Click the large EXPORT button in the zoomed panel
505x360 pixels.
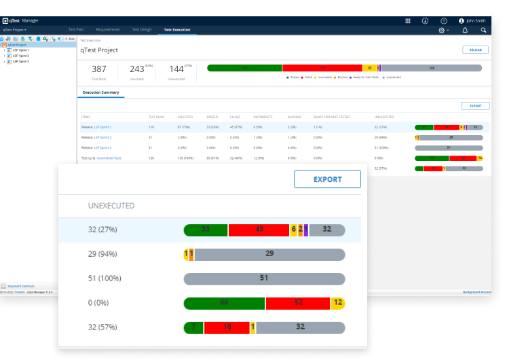[x=327, y=179]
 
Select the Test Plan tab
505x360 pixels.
[x=76, y=30]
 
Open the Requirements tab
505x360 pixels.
[x=108, y=30]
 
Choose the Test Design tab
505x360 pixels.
[x=142, y=30]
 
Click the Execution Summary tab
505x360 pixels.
[x=100, y=92]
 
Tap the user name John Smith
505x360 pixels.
[x=474, y=21]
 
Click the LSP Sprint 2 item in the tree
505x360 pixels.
[x=20, y=56]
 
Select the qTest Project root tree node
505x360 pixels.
[x=17, y=45]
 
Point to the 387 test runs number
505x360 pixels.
[x=99, y=69]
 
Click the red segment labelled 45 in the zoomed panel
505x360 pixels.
[x=259, y=230]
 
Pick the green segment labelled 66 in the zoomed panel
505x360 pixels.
[x=224, y=302]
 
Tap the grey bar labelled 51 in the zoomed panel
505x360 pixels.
[x=264, y=278]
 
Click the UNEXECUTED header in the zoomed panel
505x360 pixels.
[x=111, y=205]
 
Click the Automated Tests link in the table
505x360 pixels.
[x=109, y=158]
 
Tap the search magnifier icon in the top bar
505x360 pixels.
[x=483, y=30]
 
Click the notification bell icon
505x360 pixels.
[x=465, y=30]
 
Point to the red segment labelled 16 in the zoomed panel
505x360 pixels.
[x=227, y=327]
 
